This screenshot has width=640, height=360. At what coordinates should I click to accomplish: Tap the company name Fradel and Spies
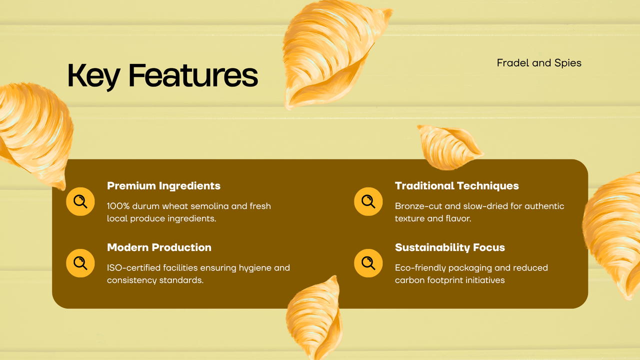click(539, 63)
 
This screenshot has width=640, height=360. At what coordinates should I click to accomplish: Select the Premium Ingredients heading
click(163, 186)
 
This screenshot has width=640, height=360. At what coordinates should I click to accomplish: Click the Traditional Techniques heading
click(456, 186)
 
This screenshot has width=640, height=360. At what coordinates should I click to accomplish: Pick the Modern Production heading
click(159, 247)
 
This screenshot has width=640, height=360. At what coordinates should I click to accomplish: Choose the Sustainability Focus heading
click(449, 247)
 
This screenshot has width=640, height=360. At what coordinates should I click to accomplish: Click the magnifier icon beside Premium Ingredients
click(80, 201)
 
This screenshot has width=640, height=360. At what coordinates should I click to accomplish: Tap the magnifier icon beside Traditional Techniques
click(368, 201)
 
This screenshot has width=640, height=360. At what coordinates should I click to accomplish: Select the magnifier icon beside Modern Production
click(80, 263)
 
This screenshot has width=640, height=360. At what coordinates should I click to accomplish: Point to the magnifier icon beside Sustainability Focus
click(368, 263)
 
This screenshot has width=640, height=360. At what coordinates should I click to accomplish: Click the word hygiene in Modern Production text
click(255, 268)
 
